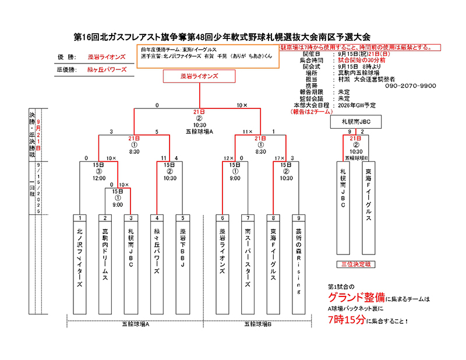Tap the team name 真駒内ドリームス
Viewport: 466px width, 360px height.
coord(105,256)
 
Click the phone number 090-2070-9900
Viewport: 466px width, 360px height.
coord(411,86)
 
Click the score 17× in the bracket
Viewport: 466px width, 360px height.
coord(279,158)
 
